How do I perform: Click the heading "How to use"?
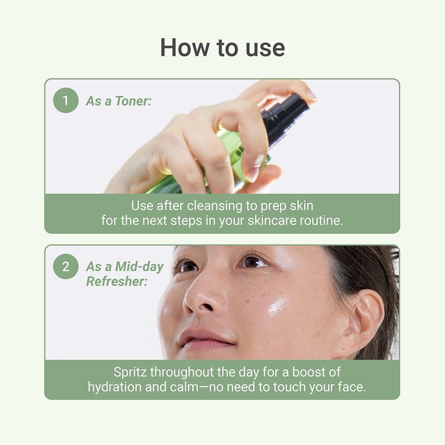[222, 48]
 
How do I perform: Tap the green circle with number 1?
[66, 101]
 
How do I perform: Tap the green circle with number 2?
[66, 266]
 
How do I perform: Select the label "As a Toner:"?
[119, 101]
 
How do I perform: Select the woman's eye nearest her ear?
[253, 261]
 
